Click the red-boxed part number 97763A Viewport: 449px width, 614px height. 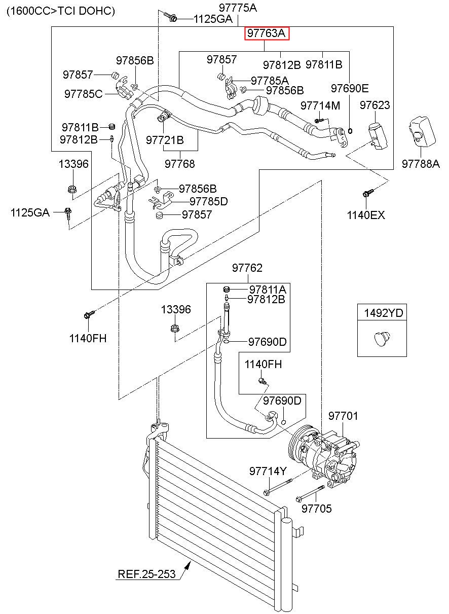tap(267, 33)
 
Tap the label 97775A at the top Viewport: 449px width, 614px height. tap(238, 8)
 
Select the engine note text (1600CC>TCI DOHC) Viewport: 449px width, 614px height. tap(61, 11)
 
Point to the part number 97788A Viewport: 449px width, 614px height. tap(421, 164)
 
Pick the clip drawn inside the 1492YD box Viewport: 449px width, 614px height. tap(382, 338)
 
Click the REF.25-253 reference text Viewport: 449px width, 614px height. tap(146, 574)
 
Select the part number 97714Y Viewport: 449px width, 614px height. tap(268, 471)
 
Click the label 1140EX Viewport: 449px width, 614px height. tap(366, 215)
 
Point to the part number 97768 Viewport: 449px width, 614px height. tap(180, 164)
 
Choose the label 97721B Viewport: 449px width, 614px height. tap(165, 140)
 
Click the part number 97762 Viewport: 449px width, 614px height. tap(247, 268)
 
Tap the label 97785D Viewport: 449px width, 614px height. tap(209, 201)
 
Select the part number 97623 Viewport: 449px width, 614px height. tap(375, 105)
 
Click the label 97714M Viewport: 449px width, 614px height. tap(320, 105)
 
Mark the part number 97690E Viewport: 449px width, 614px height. tap(350, 88)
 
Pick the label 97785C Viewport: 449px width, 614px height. tap(83, 94)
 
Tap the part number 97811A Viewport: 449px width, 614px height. tap(268, 290)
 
